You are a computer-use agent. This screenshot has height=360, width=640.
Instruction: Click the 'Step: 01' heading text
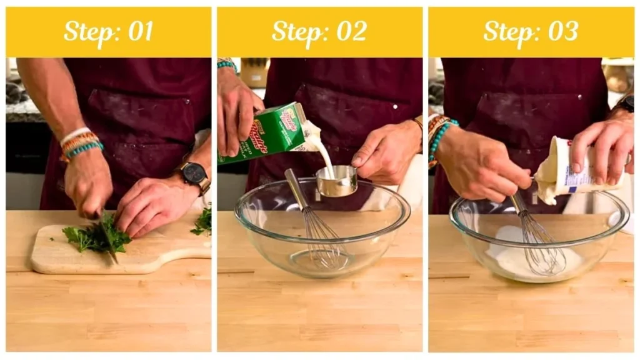108,31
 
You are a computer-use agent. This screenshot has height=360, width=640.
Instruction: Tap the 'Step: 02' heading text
319,31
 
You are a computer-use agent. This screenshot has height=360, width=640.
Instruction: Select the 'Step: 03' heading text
531,31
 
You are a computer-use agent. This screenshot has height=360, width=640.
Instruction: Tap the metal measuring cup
336,181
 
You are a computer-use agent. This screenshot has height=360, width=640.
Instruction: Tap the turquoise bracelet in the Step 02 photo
227,64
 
